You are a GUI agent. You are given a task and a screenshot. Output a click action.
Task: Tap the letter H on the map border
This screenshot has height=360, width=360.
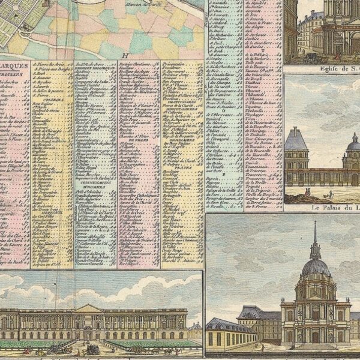126,57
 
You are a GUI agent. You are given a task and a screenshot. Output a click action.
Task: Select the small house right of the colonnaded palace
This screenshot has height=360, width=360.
195,330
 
